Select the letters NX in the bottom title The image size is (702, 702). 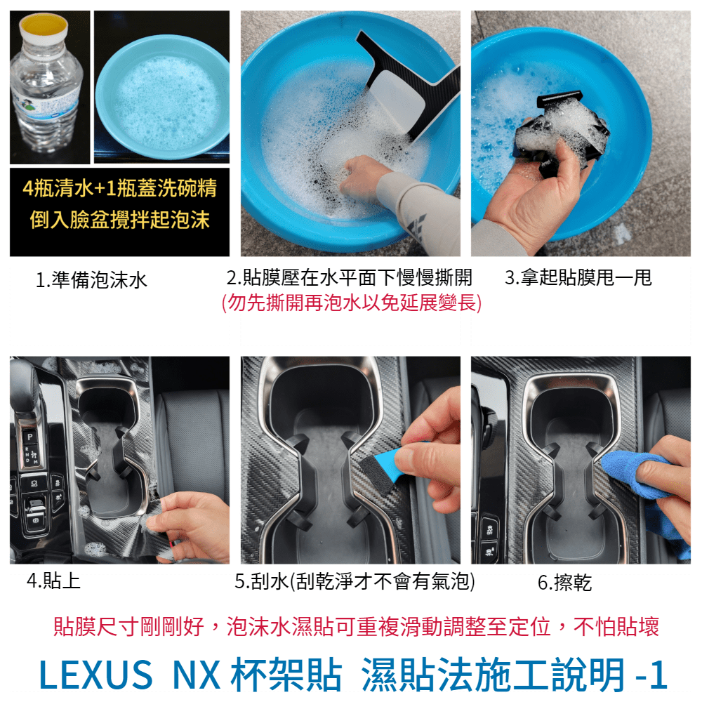tap(196, 675)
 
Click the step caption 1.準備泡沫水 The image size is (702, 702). tap(91, 280)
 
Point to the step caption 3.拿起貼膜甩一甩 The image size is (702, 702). tap(578, 277)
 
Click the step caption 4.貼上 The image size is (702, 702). tap(54, 581)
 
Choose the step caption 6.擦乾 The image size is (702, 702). tap(564, 583)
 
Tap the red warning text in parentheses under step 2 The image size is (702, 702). tap(352, 303)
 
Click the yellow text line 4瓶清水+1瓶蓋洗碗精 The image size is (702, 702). tap(119, 188)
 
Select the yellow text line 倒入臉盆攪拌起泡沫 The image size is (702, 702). tap(119, 219)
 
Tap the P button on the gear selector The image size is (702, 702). tap(30, 437)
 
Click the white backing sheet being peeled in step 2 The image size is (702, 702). tap(396, 100)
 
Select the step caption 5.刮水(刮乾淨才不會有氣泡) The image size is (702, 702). tap(355, 581)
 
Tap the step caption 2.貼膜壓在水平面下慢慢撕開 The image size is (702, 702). tap(349, 277)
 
